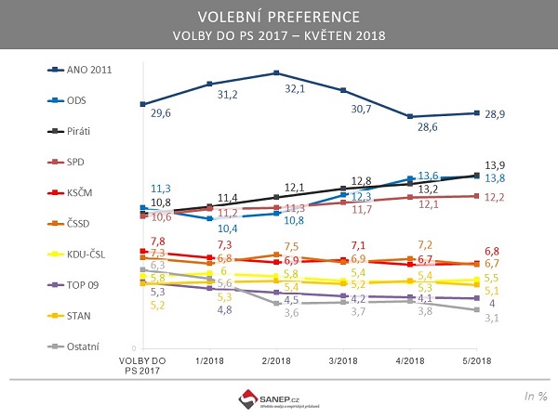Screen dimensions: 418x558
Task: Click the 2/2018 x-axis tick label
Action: coord(275,359)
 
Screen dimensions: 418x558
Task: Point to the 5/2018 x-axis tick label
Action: coord(477,359)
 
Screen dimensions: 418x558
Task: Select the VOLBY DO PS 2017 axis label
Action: coord(143,365)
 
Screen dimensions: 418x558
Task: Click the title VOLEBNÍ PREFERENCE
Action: coord(278,18)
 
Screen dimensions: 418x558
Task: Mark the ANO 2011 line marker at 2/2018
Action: coord(276,72)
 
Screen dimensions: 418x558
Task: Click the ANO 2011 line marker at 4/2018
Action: coord(410,116)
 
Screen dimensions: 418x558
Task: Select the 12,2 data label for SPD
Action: coord(496,198)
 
